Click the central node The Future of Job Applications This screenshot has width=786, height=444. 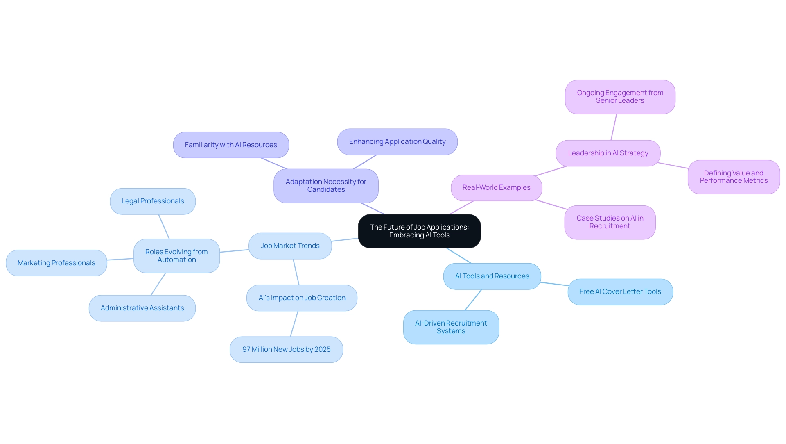tap(419, 231)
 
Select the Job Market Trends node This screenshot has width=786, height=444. tap(290, 246)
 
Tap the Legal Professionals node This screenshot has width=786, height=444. tap(153, 201)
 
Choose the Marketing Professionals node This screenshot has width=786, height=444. tap(56, 263)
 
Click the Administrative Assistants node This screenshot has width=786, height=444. tap(142, 308)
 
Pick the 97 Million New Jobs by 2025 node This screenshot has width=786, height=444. tap(286, 350)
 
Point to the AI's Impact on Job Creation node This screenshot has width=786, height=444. tap(302, 298)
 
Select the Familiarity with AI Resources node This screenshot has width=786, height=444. tap(231, 145)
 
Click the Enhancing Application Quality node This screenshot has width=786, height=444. tap(397, 142)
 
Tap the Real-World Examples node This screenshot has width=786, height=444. tap(496, 188)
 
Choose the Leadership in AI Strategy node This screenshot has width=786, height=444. tap(608, 153)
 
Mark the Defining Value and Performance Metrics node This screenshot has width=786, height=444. tap(734, 177)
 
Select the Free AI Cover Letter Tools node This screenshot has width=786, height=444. tap(620, 292)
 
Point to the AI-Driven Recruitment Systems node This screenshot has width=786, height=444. tap(451, 327)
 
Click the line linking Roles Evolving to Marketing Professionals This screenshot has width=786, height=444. tap(120, 259)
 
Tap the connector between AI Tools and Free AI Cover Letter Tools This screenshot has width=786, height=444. tap(554, 284)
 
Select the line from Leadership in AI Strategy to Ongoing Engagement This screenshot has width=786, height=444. tap(614, 127)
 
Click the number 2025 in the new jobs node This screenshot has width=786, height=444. tap(322, 350)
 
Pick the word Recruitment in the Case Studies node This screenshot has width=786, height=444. tap(610, 226)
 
